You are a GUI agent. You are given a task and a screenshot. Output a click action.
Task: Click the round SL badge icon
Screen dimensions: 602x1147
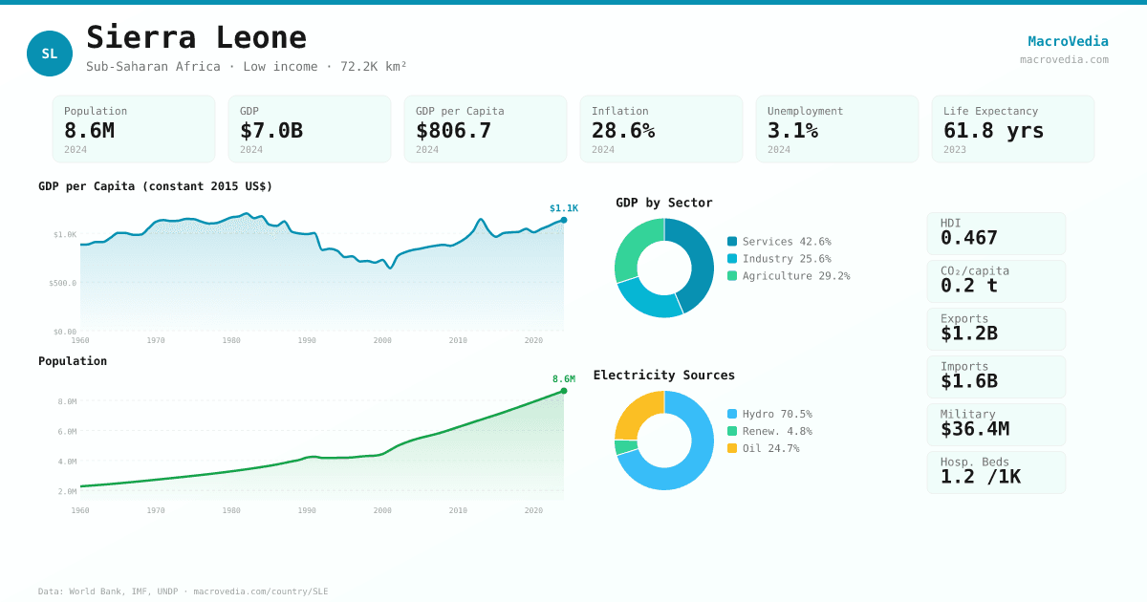tap(50, 54)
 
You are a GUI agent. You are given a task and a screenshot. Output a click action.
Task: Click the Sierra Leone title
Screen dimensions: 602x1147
tap(196, 37)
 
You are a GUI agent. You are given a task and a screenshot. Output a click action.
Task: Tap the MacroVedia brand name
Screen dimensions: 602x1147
tap(1068, 41)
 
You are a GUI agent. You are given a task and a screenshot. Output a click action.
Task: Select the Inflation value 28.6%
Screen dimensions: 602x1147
tap(622, 131)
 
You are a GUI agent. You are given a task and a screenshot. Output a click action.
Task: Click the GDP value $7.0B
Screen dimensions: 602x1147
tap(271, 131)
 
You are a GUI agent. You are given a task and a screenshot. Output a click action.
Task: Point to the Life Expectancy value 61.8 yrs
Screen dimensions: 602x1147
tap(993, 131)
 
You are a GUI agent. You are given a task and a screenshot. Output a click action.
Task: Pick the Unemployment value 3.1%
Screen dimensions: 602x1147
tap(792, 131)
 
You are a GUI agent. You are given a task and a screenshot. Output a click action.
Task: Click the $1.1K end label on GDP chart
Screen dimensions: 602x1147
tap(563, 208)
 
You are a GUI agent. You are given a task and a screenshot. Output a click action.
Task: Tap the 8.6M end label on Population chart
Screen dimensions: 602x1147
tap(563, 379)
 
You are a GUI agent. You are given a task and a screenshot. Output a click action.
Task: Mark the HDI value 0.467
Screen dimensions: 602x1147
tap(968, 238)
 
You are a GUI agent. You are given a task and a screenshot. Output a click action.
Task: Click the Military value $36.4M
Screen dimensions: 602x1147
tap(974, 429)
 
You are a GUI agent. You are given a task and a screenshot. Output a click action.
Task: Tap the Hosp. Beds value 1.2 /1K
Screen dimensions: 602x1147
tap(980, 477)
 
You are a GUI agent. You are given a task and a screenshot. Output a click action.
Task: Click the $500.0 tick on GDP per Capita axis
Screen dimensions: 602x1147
tap(62, 283)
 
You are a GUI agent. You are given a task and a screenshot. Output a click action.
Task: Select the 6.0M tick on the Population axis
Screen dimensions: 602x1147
tap(67, 432)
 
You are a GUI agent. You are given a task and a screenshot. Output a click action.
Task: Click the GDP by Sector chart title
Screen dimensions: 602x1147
tap(663, 203)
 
